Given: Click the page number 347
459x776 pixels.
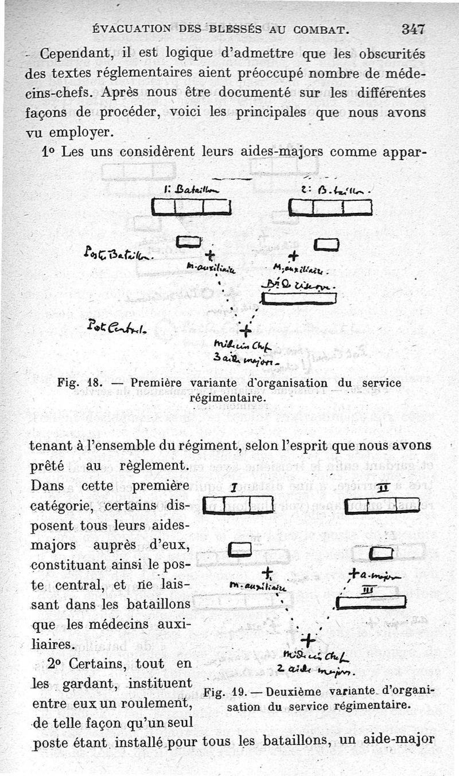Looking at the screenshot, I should coord(413,29).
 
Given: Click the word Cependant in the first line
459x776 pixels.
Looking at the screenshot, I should coord(77,55).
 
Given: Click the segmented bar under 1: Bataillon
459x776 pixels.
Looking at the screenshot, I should coord(191,207).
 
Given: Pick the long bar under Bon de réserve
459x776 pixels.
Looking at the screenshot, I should coord(298,298).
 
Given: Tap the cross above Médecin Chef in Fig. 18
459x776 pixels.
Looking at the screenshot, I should coord(245,331).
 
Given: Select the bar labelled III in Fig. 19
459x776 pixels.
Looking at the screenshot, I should coord(371,602).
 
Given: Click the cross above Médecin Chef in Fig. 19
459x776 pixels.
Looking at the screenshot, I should coord(308,639).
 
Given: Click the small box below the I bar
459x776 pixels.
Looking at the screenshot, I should coord(240,550).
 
